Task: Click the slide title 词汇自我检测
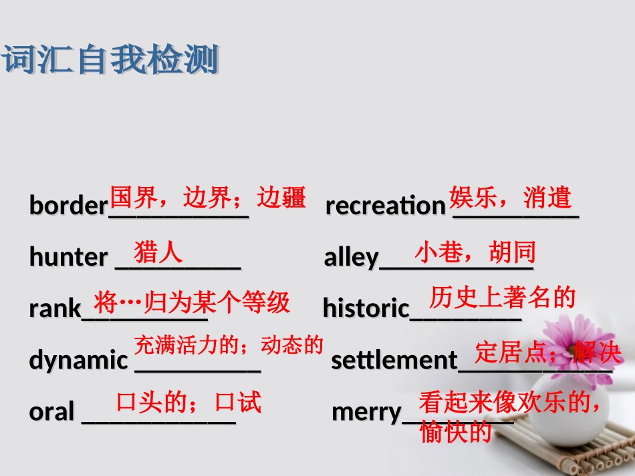[111, 61]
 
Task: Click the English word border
[68, 206]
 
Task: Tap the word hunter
[68, 257]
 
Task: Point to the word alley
[351, 258]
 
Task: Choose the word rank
[55, 308]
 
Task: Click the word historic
[366, 308]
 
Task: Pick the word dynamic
[78, 361]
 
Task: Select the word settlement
[394, 361]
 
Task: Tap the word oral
[51, 412]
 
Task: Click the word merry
[367, 412]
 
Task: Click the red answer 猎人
[158, 252]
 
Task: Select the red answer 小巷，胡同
[475, 252]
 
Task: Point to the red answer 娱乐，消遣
[511, 198]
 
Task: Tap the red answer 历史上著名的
[502, 297]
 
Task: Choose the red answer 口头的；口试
[188, 402]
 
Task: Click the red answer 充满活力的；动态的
[229, 345]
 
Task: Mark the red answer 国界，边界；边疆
[207, 198]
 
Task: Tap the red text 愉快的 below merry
[455, 433]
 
